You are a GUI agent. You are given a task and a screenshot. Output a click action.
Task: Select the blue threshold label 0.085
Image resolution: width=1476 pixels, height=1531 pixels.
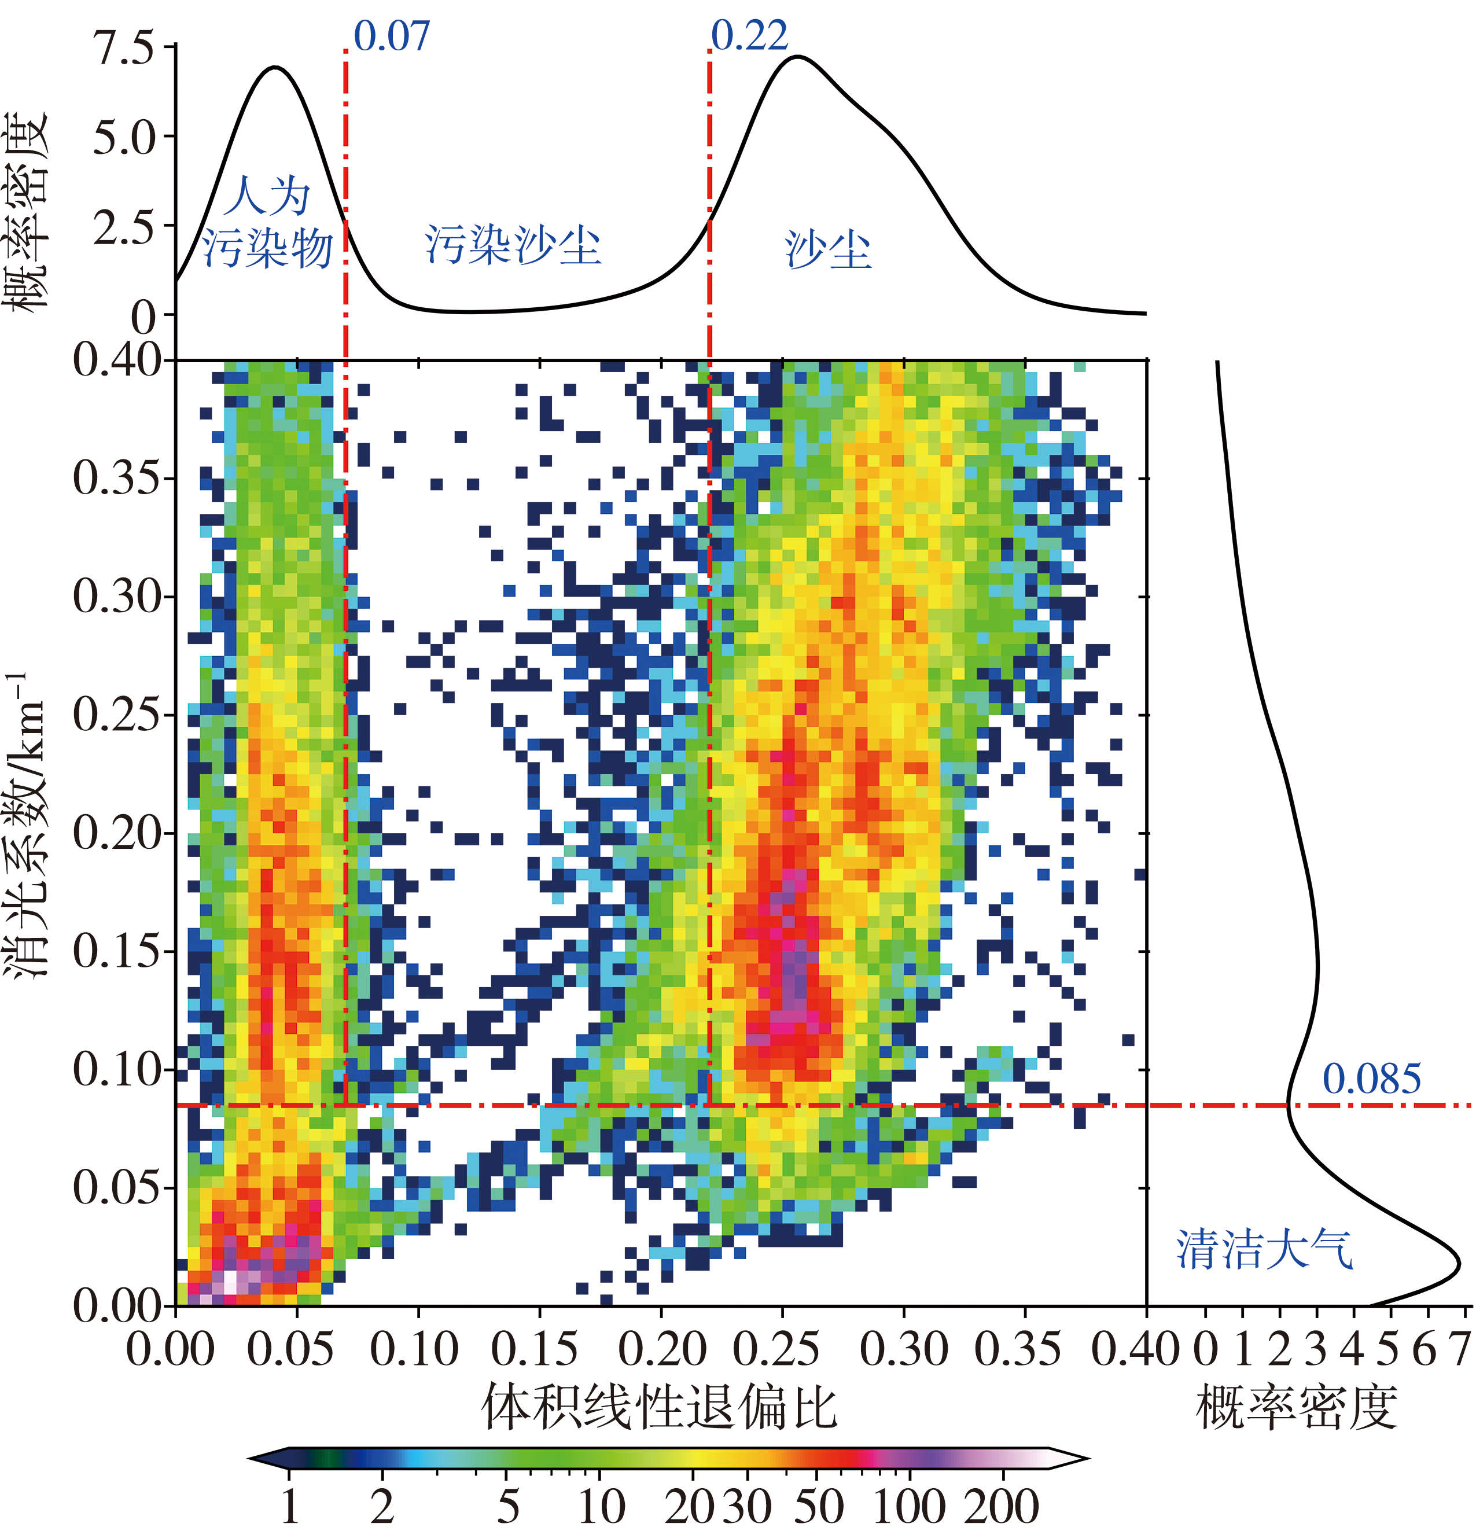point(1371,1080)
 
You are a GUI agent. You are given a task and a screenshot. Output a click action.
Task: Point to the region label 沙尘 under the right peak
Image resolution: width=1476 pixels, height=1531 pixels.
point(828,250)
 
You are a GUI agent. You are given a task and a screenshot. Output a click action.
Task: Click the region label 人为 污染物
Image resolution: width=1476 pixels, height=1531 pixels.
point(267,223)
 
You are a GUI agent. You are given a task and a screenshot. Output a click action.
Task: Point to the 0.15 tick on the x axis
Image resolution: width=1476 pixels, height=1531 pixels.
point(535,1349)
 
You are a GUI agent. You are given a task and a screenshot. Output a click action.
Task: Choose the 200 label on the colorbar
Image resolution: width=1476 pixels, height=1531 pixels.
point(1002,1505)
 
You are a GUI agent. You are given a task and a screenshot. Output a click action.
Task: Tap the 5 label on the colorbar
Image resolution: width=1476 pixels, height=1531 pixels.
point(507,1505)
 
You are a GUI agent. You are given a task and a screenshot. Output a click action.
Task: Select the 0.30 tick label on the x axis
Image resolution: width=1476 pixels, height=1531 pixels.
point(904,1349)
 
